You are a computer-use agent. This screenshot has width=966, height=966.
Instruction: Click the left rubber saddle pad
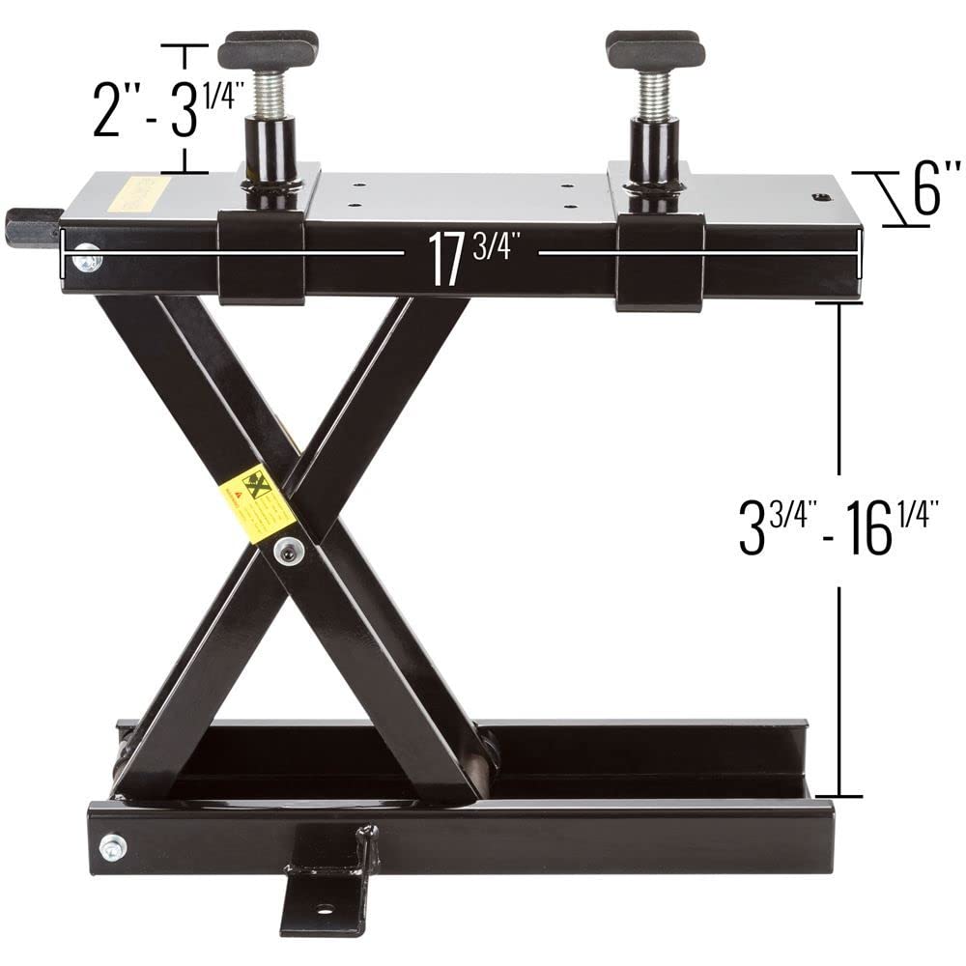click(269, 47)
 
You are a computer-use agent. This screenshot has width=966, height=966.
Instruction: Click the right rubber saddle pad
click(654, 47)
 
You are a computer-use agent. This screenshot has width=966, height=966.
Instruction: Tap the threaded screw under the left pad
click(270, 95)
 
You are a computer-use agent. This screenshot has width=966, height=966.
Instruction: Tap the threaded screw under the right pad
click(655, 95)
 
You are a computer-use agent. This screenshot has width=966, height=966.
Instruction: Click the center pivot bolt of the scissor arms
click(288, 551)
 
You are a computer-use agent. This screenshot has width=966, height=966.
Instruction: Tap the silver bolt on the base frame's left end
click(112, 847)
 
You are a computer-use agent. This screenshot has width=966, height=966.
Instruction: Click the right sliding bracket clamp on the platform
click(660, 259)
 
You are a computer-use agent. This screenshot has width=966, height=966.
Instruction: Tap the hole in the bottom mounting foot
click(324, 908)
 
